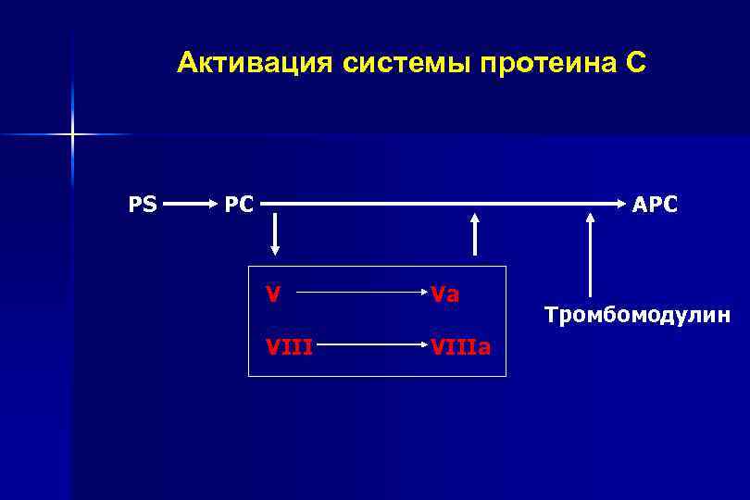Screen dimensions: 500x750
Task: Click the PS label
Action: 142,204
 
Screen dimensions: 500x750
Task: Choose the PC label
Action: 239,204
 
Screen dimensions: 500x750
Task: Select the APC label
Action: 655,204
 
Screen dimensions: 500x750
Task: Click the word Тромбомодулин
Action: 637,316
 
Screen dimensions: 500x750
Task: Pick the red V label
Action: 273,294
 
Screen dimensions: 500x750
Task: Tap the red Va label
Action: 445,294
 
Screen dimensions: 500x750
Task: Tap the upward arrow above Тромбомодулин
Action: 589,255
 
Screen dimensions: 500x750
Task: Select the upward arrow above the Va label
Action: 475,235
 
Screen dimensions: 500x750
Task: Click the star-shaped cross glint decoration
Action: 71,135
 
